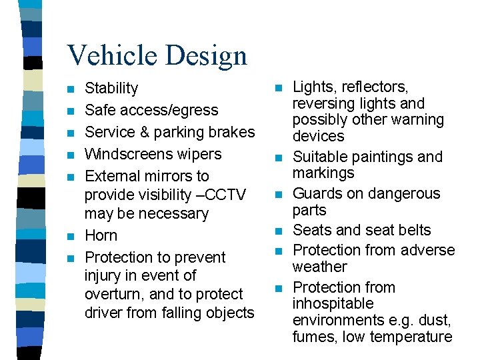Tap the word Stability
[x=111, y=89]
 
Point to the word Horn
[x=101, y=236]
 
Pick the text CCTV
[x=225, y=195]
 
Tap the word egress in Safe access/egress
[x=197, y=111]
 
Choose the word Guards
[x=316, y=194]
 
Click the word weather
[x=320, y=267]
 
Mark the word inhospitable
[x=333, y=304]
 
